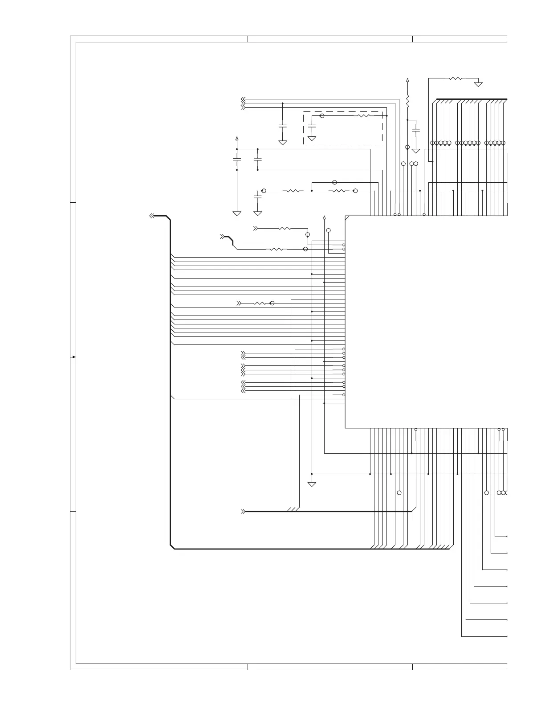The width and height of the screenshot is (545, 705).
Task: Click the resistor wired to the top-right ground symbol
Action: [456, 78]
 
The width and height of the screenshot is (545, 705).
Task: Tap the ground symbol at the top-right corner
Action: [478, 84]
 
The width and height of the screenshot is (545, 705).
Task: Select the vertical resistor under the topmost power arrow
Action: [408, 101]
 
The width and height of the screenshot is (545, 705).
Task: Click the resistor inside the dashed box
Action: [364, 116]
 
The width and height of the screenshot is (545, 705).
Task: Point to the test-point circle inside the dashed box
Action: [322, 116]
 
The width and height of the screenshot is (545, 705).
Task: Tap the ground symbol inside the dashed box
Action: [312, 139]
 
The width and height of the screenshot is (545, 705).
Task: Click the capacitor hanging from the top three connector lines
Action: [283, 126]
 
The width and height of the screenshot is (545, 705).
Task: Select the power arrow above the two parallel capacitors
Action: [237, 139]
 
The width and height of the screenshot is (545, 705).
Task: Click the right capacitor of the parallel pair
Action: [257, 159]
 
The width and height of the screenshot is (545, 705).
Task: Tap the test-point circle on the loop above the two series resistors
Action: [335, 182]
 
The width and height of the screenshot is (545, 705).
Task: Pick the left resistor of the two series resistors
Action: [293, 191]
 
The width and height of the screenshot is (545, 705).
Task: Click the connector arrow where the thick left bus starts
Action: [152, 216]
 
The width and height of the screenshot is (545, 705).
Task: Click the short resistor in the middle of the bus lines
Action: [260, 303]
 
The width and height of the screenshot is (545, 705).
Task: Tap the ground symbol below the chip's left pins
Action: [312, 484]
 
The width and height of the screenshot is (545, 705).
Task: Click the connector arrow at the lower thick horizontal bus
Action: [243, 512]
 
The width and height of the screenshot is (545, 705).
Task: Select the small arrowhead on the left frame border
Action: [73, 357]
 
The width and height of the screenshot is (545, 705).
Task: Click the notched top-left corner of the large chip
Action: [347, 217]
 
